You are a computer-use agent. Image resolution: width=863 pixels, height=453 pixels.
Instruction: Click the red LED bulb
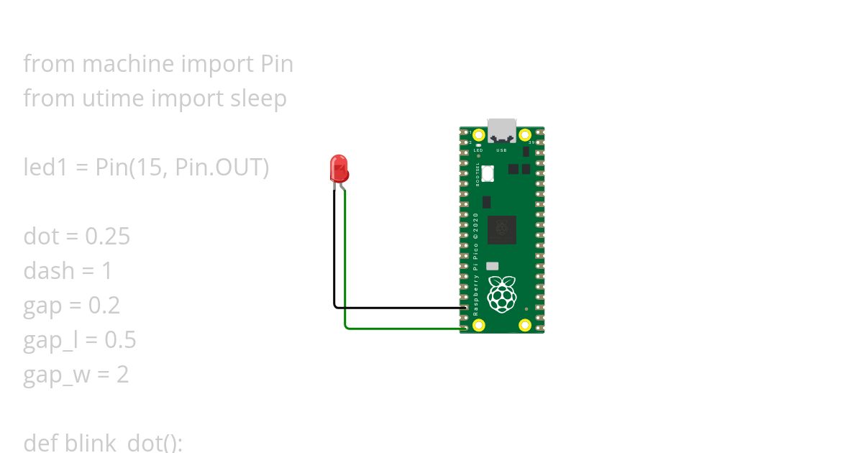pyautogui.click(x=339, y=168)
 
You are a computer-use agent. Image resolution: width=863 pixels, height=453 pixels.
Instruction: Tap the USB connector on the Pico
pyautogui.click(x=502, y=131)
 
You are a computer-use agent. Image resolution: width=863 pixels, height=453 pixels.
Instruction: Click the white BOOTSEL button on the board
pyautogui.click(x=488, y=174)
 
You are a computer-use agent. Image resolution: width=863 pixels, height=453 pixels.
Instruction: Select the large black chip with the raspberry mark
pyautogui.click(x=501, y=229)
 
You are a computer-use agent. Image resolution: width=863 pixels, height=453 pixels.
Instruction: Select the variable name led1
pyautogui.click(x=45, y=168)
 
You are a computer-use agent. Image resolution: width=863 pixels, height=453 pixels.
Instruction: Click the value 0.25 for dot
pyautogui.click(x=108, y=237)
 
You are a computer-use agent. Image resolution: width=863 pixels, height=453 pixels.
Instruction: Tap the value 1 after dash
pyautogui.click(x=107, y=271)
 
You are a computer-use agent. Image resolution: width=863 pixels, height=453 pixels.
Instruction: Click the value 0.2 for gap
pyautogui.click(x=104, y=306)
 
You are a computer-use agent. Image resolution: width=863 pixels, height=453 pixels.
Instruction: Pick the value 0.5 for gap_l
pyautogui.click(x=120, y=340)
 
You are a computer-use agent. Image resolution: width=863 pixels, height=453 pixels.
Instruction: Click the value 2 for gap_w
pyautogui.click(x=122, y=375)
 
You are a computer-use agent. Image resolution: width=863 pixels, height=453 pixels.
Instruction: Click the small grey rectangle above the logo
pyautogui.click(x=493, y=265)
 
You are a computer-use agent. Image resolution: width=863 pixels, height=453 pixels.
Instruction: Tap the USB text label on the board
pyautogui.click(x=502, y=150)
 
